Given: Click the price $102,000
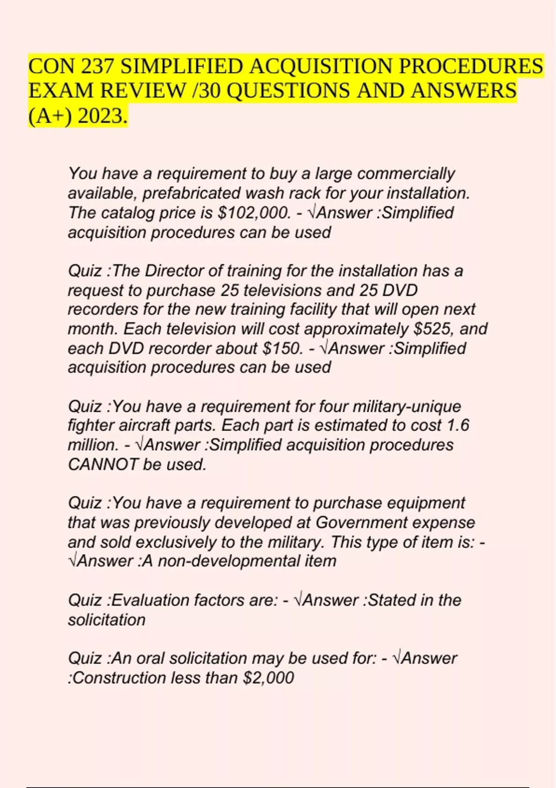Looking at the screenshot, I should (254, 213).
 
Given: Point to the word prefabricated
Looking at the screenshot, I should (191, 193).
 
